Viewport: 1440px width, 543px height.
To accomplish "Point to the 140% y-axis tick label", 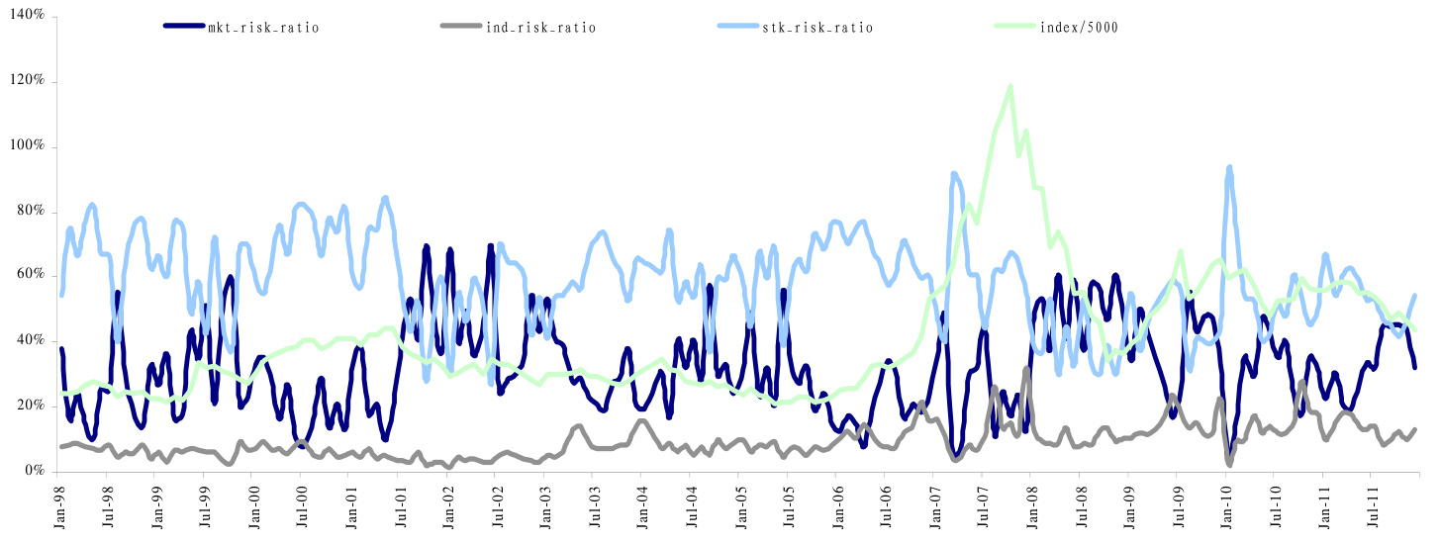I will pyautogui.click(x=29, y=17).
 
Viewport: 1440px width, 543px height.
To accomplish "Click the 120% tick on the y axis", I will pyautogui.click(x=29, y=82).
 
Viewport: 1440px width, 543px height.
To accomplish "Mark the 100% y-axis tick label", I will pyautogui.click(x=29, y=146).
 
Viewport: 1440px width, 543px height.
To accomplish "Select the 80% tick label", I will pyautogui.click(x=32, y=212).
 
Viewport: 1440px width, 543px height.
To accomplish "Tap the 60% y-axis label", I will pyautogui.click(x=32, y=276).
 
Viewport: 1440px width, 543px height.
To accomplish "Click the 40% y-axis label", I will pyautogui.click(x=32, y=341).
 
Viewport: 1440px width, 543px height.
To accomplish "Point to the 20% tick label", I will pyautogui.click(x=32, y=406).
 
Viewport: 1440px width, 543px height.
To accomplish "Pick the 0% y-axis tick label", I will pyautogui.click(x=36, y=471).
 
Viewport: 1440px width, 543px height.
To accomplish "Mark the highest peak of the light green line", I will pyautogui.click(x=1010, y=86).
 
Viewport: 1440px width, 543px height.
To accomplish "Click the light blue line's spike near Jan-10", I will pyautogui.click(x=1229, y=168).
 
